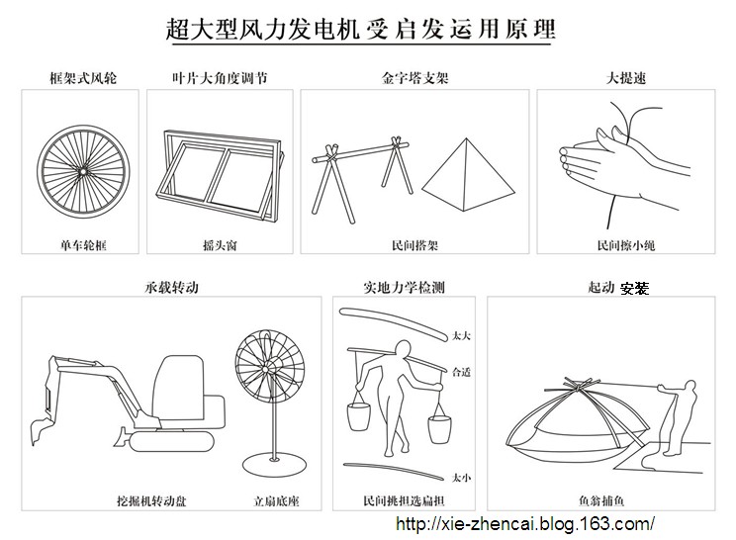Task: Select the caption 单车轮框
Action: tap(81, 241)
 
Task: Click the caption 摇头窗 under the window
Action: tap(219, 241)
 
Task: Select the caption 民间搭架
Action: tap(412, 241)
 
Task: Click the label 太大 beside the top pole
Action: tap(460, 336)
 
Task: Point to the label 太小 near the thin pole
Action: tap(460, 475)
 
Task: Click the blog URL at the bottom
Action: tap(524, 522)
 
